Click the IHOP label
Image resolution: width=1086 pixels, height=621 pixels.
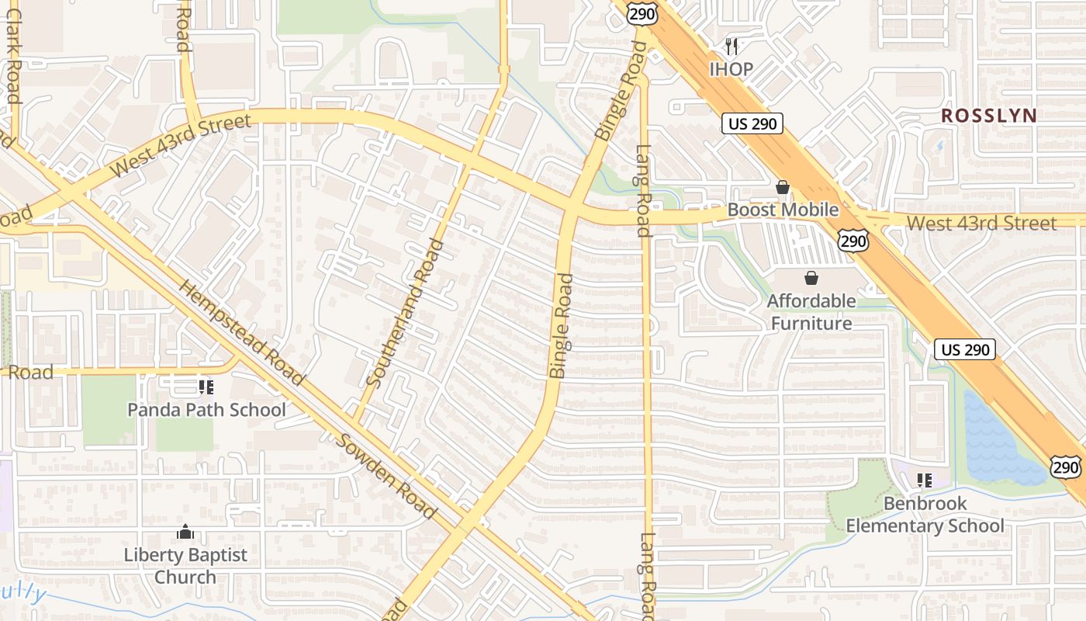coord(731,69)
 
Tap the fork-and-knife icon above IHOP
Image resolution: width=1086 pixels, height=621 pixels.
coord(731,47)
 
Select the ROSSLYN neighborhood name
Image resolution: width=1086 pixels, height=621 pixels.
coord(988,116)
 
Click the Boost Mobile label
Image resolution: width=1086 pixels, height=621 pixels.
coord(783,210)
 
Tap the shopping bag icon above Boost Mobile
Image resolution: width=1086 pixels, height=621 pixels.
coord(782,187)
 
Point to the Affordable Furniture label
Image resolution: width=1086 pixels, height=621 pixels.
coord(811,311)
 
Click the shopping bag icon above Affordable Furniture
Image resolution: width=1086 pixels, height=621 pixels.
coord(811,278)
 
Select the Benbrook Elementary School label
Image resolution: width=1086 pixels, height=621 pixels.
coord(925,515)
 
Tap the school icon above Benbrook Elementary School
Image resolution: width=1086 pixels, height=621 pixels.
coord(923,480)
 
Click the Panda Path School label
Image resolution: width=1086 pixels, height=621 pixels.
coord(206,409)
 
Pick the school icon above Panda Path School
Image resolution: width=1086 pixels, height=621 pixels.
coord(206,387)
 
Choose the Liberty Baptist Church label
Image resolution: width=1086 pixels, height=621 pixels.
coord(185,566)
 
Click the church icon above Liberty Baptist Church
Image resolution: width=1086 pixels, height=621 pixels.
coord(185,533)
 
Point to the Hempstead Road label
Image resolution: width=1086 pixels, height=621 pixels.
coord(241,331)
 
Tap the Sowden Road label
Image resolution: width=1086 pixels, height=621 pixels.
coord(386,476)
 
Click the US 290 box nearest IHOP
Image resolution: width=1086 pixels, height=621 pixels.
coord(752,123)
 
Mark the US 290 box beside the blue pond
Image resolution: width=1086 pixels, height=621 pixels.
coord(964,349)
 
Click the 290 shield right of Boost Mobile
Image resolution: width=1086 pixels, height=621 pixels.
coord(853,241)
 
